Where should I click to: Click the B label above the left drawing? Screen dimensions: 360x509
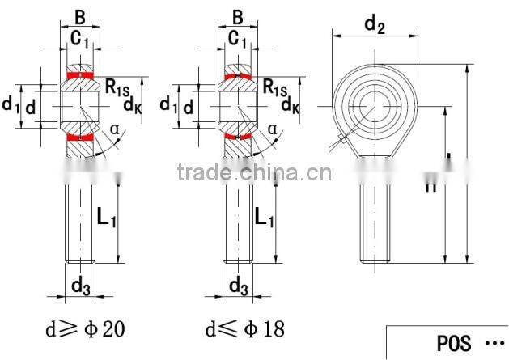pos(79,16)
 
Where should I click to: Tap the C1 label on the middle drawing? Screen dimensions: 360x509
pos(79,38)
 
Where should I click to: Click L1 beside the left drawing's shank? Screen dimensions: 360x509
pos(107,216)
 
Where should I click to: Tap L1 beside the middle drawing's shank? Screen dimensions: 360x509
pos(264,216)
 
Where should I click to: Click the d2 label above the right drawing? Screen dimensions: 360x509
pos(374,24)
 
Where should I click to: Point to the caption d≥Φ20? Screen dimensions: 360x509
pos(86,329)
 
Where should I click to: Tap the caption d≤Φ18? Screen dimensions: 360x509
pos(244,329)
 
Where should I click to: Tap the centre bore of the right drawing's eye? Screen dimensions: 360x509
pos(375,104)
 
